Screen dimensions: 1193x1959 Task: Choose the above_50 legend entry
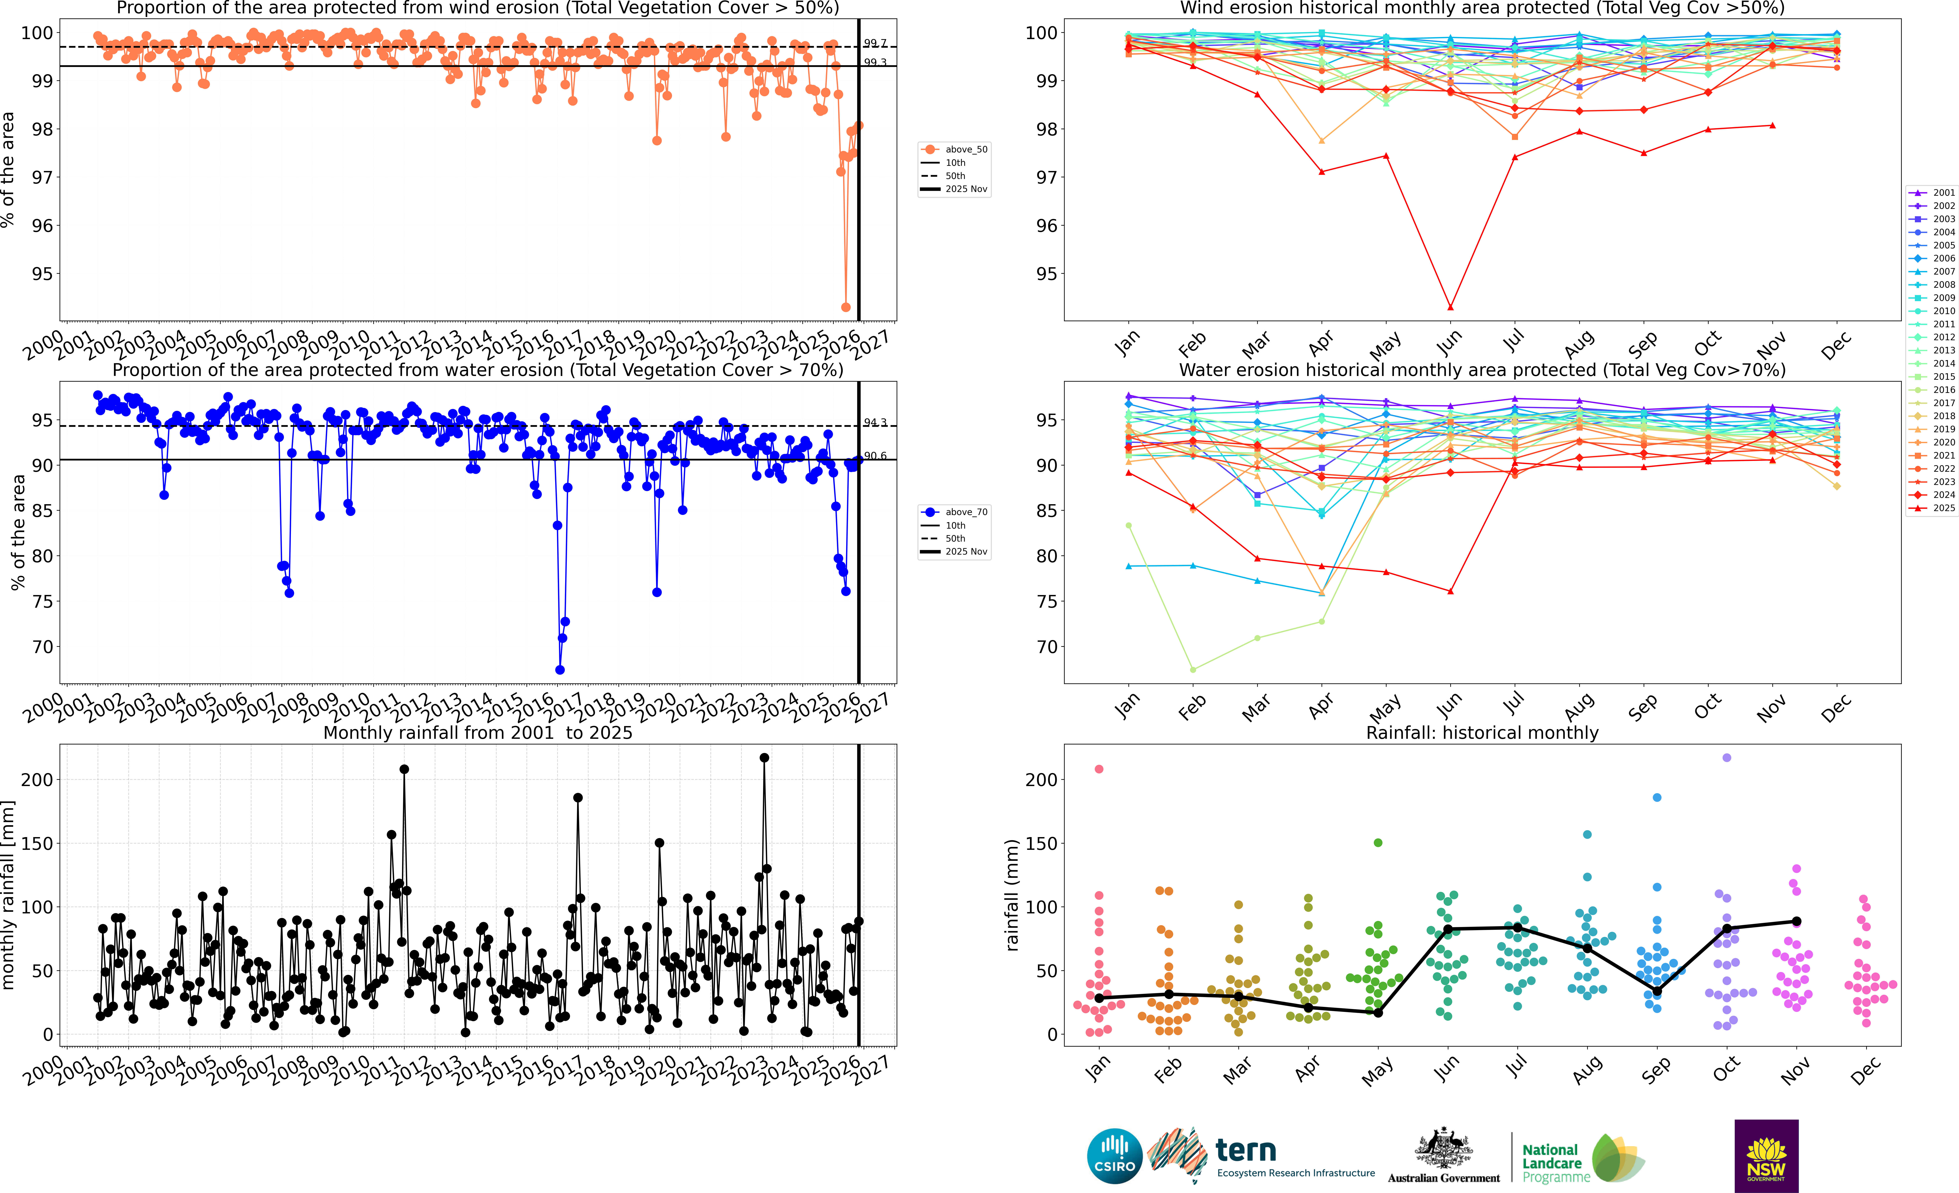click(x=958, y=150)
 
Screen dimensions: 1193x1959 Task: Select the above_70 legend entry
click(x=958, y=512)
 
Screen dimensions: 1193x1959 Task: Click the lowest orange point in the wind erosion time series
click(x=846, y=307)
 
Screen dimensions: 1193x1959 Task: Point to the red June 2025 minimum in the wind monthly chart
click(x=1451, y=307)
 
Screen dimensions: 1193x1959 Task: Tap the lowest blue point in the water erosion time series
click(x=560, y=670)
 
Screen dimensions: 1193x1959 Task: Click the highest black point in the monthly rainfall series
click(x=764, y=758)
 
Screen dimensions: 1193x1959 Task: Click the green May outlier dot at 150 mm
click(x=1378, y=843)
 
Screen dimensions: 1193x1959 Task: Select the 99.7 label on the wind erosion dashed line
click(x=874, y=44)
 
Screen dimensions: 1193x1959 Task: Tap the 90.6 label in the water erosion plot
click(x=874, y=456)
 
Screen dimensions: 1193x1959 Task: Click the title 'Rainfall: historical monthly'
click(x=1482, y=733)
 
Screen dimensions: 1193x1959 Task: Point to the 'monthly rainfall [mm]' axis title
click(x=9, y=895)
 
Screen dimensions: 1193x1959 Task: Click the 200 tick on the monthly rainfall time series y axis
click(x=37, y=780)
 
